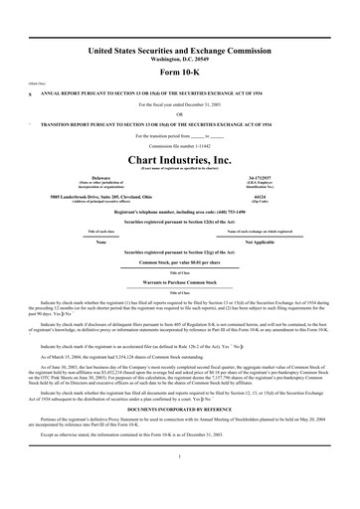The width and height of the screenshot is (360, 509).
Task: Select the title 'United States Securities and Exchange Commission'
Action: point(180,49)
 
